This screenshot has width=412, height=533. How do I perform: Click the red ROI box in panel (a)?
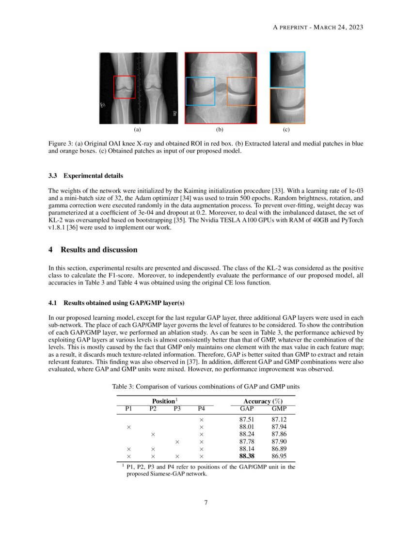(x=125, y=87)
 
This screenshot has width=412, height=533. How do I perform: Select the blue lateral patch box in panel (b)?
(x=200, y=91)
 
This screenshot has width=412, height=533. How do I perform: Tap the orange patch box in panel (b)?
(x=241, y=91)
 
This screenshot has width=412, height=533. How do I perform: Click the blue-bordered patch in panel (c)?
(x=287, y=70)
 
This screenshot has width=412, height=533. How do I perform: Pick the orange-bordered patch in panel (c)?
(x=287, y=106)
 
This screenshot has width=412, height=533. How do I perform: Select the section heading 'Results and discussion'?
(x=99, y=250)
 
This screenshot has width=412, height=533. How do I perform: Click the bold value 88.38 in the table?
(x=247, y=456)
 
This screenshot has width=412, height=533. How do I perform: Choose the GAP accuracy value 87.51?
(x=247, y=419)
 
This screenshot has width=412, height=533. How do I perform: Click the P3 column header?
(x=177, y=409)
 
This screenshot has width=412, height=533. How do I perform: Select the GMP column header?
(x=279, y=409)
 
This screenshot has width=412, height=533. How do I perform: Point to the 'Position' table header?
(x=164, y=401)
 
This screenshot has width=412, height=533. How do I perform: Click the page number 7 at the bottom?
(x=206, y=502)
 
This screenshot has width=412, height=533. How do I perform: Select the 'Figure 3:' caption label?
(x=62, y=144)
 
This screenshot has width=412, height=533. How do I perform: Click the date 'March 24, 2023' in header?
(x=338, y=27)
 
